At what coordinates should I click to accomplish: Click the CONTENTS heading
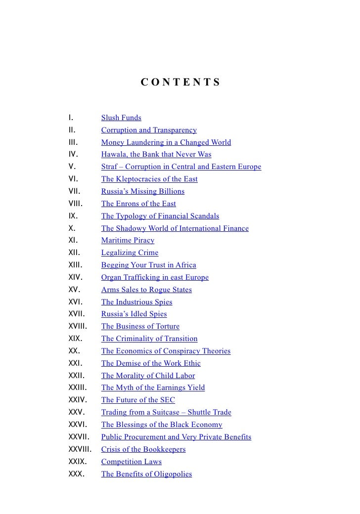pos(180,82)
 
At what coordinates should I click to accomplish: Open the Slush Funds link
pos(121,118)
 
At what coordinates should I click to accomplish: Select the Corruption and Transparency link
pos(149,130)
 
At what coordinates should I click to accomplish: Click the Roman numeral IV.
pos(73,155)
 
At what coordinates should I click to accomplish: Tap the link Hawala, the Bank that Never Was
pos(156,155)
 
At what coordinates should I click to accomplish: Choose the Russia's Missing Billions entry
pos(142,191)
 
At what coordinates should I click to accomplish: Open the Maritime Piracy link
pos(128,241)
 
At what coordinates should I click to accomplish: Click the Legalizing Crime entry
pos(130,253)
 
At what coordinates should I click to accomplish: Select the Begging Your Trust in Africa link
pos(148,265)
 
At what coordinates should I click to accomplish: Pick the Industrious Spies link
pos(136,302)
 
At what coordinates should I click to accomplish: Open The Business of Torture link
pos(140,326)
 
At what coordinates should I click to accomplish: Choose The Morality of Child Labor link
pos(148,376)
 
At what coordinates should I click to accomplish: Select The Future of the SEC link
pos(138,400)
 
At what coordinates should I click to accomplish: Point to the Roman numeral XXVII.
pos(79,437)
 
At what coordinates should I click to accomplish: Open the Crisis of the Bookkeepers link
pos(143,449)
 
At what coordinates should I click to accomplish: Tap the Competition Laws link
pos(131,462)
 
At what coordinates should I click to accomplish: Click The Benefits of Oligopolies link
pos(146,474)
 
